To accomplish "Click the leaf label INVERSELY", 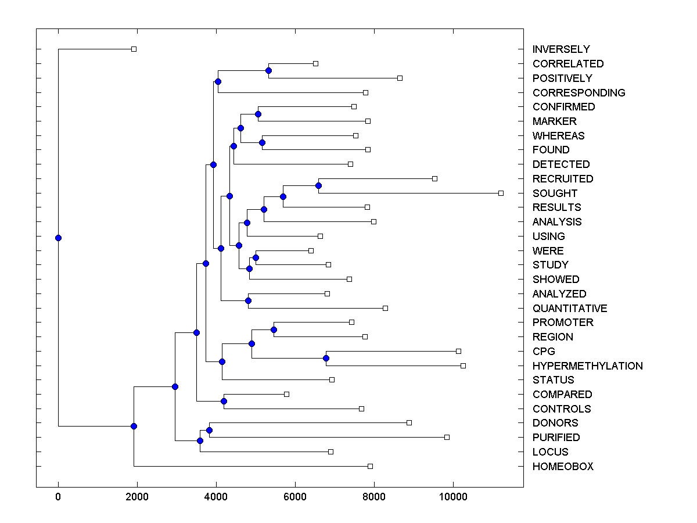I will [x=561, y=49].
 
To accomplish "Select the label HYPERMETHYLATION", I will [x=587, y=366].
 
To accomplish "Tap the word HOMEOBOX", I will [x=563, y=467].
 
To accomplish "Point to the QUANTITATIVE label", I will [x=570, y=309].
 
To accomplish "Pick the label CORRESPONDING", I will [x=579, y=93].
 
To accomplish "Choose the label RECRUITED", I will [x=563, y=179].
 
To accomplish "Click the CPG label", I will [x=544, y=352].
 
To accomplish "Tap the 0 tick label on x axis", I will [x=58, y=496].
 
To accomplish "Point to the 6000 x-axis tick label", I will [x=295, y=496].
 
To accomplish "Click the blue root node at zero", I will [x=58, y=238].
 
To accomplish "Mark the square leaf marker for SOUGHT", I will [x=501, y=193].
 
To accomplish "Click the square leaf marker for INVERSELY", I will [x=134, y=49].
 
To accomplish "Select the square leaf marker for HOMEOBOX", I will [x=370, y=466].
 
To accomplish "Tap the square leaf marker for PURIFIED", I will [x=447, y=437].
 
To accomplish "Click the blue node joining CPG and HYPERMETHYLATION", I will [x=326, y=359].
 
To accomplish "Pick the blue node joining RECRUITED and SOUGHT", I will [x=318, y=186].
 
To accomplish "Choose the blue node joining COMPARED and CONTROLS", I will [x=224, y=401].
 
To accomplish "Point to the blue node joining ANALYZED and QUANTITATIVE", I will [x=248, y=300].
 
